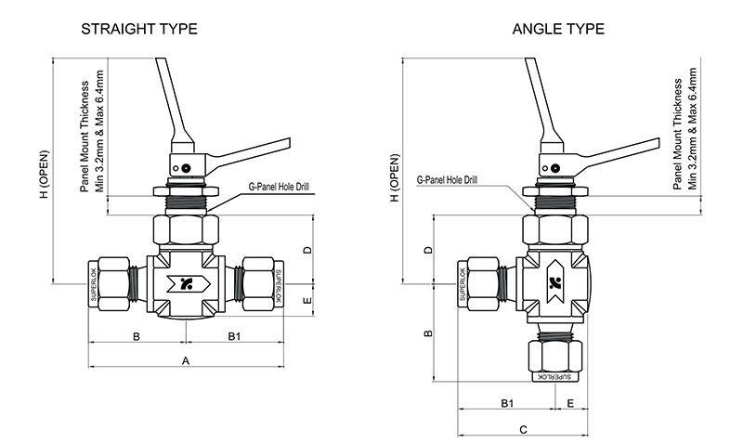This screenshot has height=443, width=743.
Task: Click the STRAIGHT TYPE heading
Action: (139, 29)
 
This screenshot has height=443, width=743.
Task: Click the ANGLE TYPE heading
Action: (558, 29)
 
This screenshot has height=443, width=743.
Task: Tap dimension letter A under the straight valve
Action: (185, 359)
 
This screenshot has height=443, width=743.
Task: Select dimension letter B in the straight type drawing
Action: (136, 335)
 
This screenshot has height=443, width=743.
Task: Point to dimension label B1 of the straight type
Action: (235, 335)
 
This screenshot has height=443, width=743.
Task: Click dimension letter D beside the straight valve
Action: (306, 251)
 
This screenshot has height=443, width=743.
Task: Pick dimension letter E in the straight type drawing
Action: (306, 302)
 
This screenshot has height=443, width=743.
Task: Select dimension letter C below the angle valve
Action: (523, 429)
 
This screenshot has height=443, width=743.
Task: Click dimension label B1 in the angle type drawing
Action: (507, 403)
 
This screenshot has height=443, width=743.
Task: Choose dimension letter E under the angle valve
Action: (569, 403)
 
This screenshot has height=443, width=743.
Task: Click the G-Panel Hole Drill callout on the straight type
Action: (279, 187)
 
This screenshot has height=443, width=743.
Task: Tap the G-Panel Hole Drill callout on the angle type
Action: (448, 177)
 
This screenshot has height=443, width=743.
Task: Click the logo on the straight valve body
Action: (185, 285)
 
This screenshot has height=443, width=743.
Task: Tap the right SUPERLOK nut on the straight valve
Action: (278, 285)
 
